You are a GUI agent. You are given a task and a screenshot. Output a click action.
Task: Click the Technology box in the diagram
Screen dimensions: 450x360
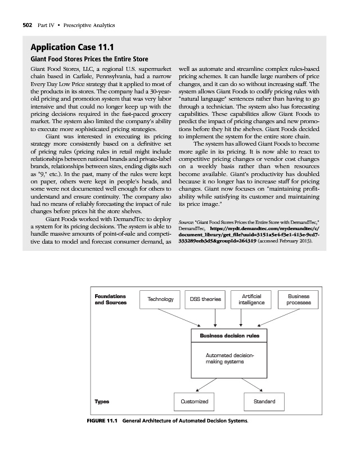(x=160, y=300)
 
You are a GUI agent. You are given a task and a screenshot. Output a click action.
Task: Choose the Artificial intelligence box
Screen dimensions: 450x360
(x=250, y=299)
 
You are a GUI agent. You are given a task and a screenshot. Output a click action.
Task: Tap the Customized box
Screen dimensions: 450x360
(x=193, y=402)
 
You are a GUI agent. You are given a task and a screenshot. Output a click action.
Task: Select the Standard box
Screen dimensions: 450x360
(x=264, y=402)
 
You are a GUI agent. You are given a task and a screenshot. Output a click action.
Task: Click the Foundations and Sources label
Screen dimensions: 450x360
(x=110, y=299)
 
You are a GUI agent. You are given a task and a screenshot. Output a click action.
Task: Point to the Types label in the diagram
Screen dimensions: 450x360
(x=102, y=402)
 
